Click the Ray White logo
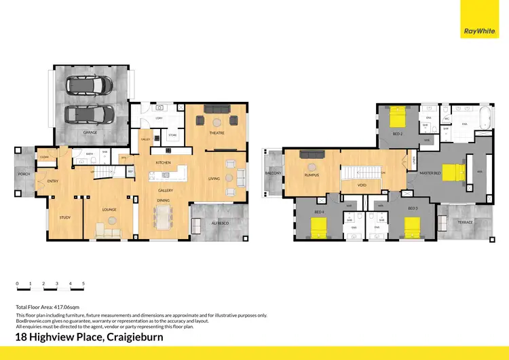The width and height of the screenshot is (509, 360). [x=479, y=31]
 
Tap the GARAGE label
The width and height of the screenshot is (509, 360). [x=90, y=132]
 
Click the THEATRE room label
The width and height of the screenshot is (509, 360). [x=216, y=133]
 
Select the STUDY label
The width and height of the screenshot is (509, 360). [x=65, y=217]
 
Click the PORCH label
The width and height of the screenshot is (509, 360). [x=24, y=175]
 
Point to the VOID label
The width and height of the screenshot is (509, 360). [x=362, y=183]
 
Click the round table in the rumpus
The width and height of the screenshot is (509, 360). [x=312, y=166]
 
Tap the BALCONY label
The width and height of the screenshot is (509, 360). [x=273, y=173]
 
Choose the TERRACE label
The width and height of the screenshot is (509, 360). [x=465, y=221]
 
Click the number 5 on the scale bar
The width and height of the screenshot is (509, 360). [x=83, y=283]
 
